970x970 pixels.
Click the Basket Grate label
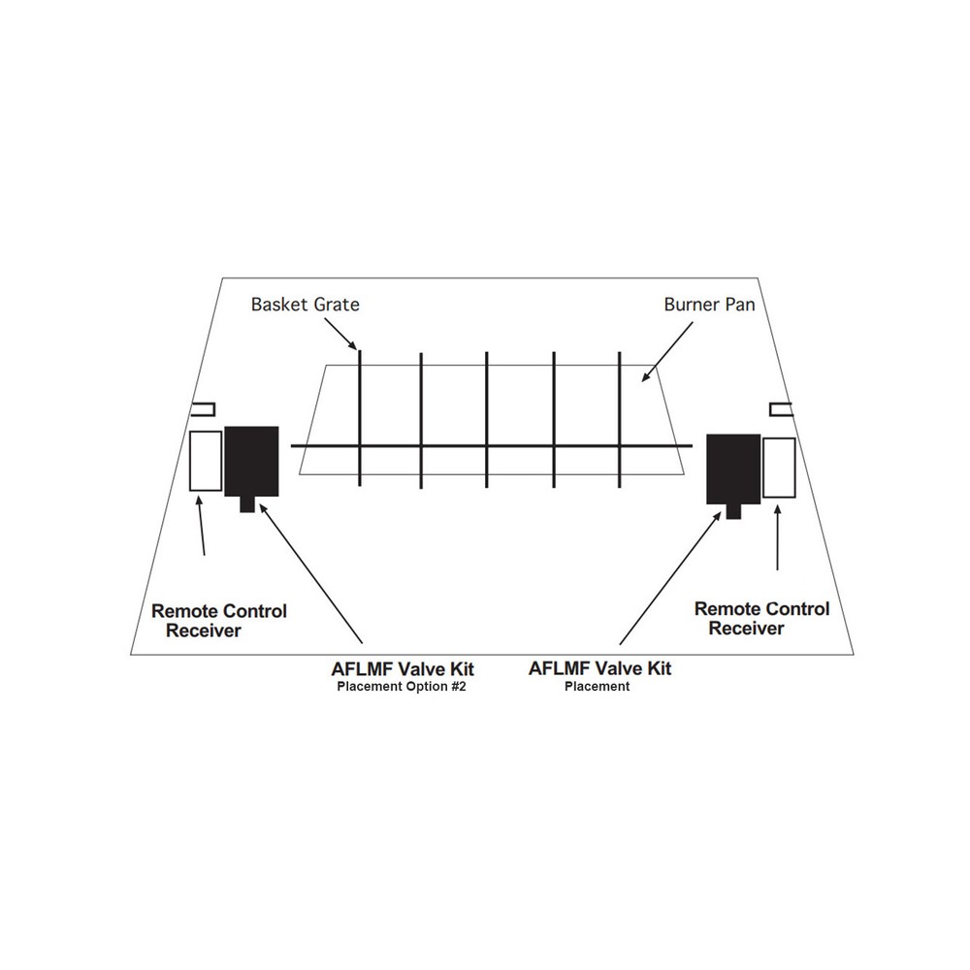(305, 305)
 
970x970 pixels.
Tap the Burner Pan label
(710, 305)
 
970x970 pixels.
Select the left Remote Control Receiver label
(219, 621)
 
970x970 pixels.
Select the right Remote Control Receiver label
(761, 618)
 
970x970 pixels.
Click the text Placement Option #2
(402, 687)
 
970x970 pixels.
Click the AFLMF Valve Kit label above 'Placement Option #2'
(403, 668)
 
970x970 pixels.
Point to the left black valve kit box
(251, 461)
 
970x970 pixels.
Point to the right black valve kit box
(733, 469)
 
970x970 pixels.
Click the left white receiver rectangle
(206, 461)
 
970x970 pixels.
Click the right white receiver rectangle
(779, 468)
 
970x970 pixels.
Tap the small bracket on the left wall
(203, 409)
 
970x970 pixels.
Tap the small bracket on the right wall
(781, 409)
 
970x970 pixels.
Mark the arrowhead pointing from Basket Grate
(353, 346)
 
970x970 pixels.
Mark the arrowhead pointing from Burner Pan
(646, 376)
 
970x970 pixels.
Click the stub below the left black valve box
(247, 504)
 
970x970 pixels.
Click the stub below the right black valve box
(733, 511)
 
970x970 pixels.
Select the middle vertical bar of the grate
(487, 419)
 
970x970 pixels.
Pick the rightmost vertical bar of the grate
(619, 419)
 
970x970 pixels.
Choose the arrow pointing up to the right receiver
(778, 537)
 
